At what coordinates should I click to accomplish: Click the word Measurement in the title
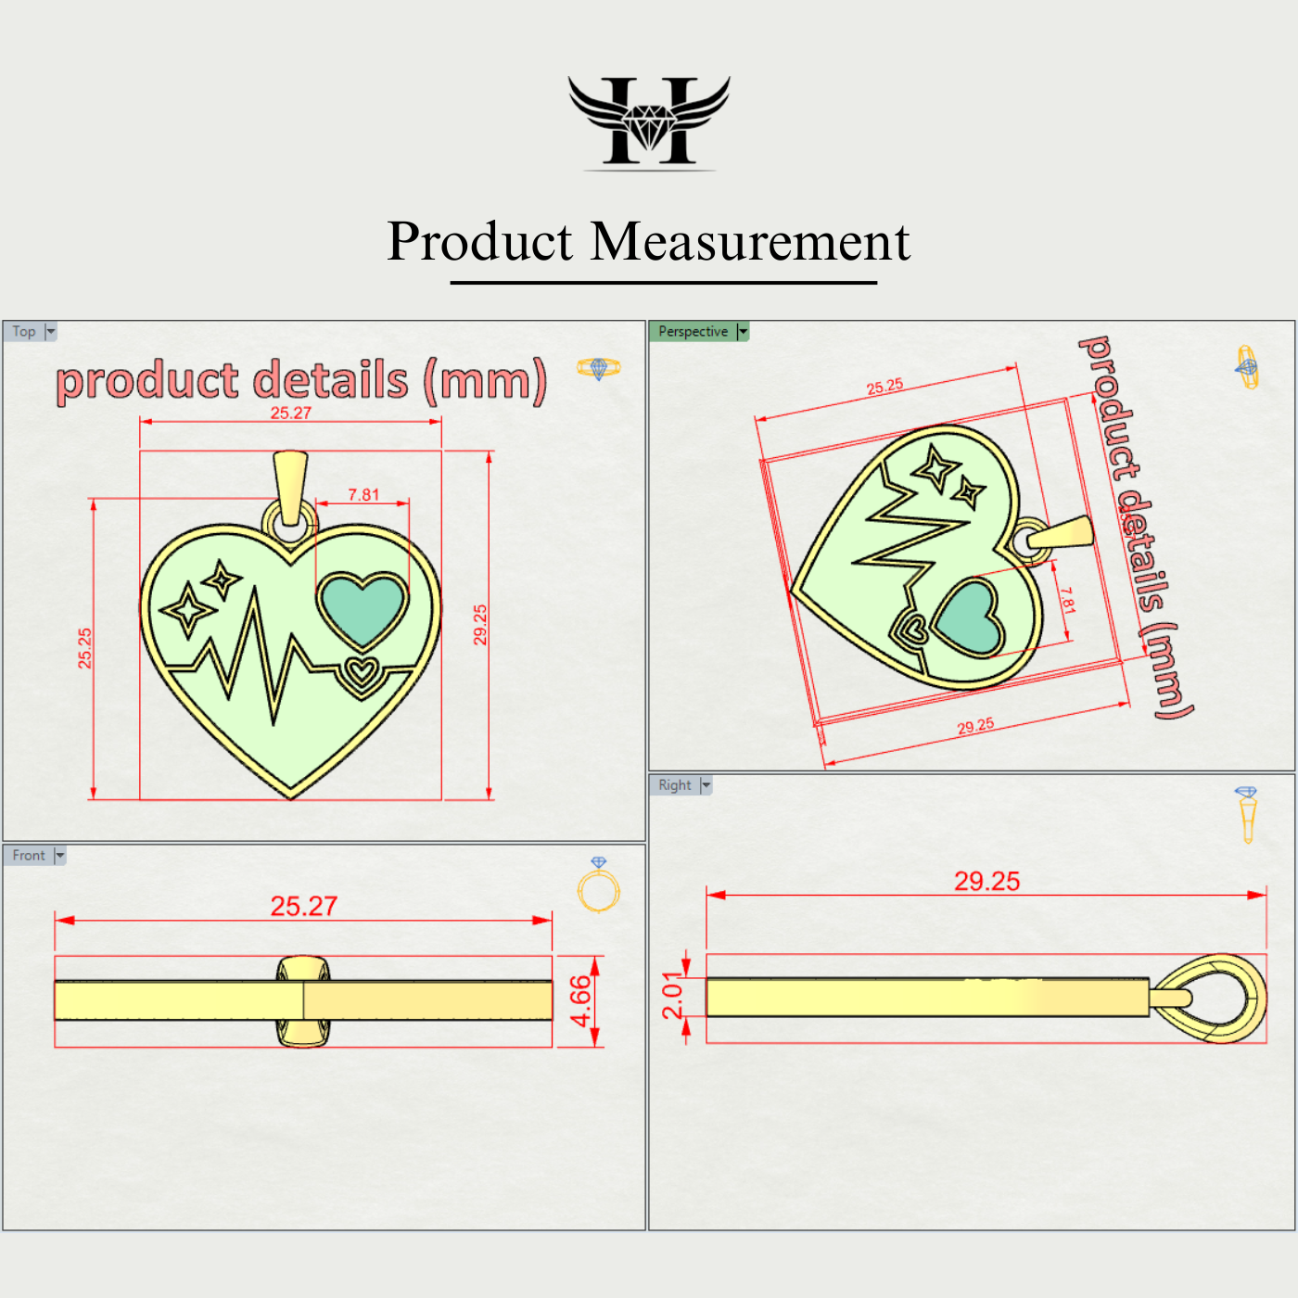[750, 242]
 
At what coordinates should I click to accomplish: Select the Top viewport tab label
[24, 332]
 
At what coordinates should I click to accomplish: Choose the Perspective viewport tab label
[693, 332]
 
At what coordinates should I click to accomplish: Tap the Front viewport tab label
[29, 856]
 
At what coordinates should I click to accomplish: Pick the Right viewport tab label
[675, 785]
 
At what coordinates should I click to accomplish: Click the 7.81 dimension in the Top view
[363, 495]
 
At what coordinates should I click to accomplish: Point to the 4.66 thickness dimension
[580, 1001]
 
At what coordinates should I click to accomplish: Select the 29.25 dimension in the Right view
[986, 882]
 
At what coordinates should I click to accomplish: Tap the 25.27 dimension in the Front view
[303, 907]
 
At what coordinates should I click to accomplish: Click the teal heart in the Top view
[362, 607]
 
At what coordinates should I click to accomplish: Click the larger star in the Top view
[189, 610]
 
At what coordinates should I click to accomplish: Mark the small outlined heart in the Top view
[360, 672]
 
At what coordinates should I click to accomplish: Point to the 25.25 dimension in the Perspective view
[884, 387]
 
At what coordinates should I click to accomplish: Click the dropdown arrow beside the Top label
[51, 332]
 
